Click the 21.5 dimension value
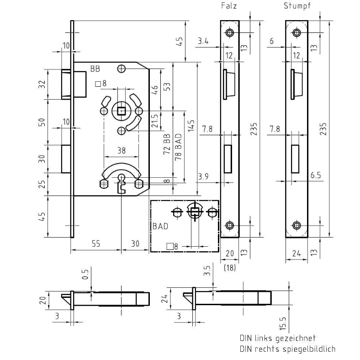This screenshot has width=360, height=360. click(x=155, y=121)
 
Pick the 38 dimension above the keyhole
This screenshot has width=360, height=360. click(x=121, y=149)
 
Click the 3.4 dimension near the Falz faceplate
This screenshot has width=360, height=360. click(x=203, y=42)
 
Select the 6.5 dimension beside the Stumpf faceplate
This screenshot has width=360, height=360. click(x=315, y=175)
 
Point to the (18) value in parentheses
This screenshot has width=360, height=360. click(x=230, y=269)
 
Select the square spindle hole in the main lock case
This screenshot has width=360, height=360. click(x=121, y=111)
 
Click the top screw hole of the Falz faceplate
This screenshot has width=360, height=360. click(x=229, y=33)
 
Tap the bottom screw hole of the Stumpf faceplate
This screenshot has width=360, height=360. click(x=297, y=226)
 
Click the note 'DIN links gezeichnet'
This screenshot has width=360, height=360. click(x=277, y=339)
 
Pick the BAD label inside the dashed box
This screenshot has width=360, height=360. click(x=160, y=226)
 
